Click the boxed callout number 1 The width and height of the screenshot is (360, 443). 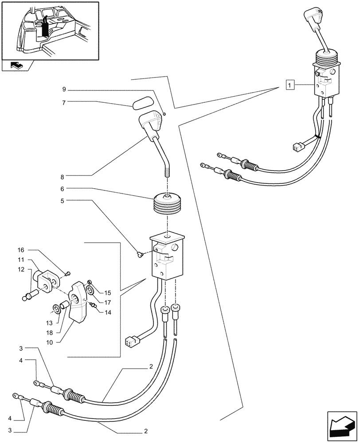tap(289, 84)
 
